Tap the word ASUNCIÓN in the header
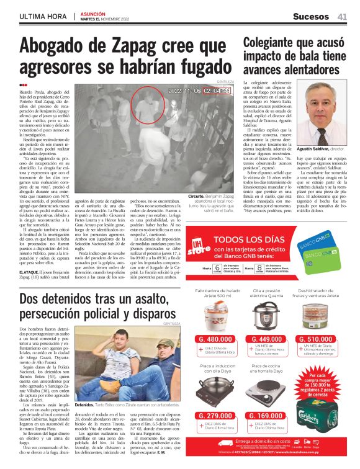click(92, 12)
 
